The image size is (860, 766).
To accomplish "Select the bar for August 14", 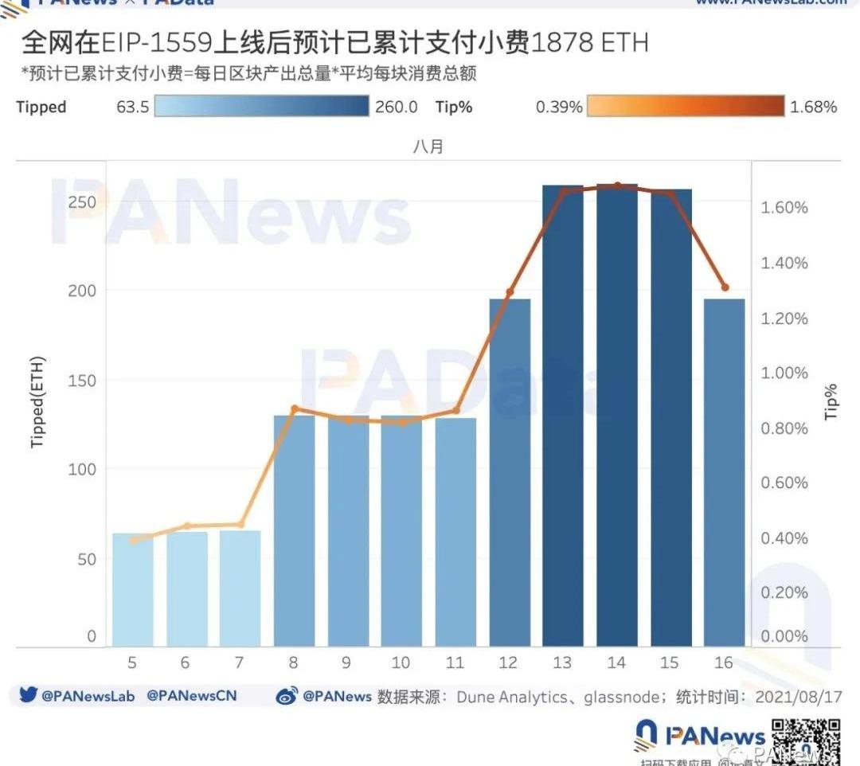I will click(617, 414).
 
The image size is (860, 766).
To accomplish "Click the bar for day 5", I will click(133, 589).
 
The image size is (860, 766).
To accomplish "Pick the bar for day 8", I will click(295, 530).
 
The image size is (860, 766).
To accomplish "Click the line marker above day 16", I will click(725, 287).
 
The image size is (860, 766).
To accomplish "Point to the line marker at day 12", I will click(510, 293).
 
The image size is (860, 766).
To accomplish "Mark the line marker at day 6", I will click(187, 526).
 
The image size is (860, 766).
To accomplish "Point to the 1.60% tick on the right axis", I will click(784, 208).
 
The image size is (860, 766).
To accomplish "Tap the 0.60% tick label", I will click(784, 483).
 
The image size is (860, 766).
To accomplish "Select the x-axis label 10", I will click(401, 662).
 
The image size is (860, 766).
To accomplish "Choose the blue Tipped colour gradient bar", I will click(262, 107).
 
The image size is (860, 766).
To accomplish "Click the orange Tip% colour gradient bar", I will click(685, 107).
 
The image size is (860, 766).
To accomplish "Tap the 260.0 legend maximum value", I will click(396, 107).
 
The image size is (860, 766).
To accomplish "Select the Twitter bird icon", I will click(29, 695).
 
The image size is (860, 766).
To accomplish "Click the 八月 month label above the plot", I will click(428, 147).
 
